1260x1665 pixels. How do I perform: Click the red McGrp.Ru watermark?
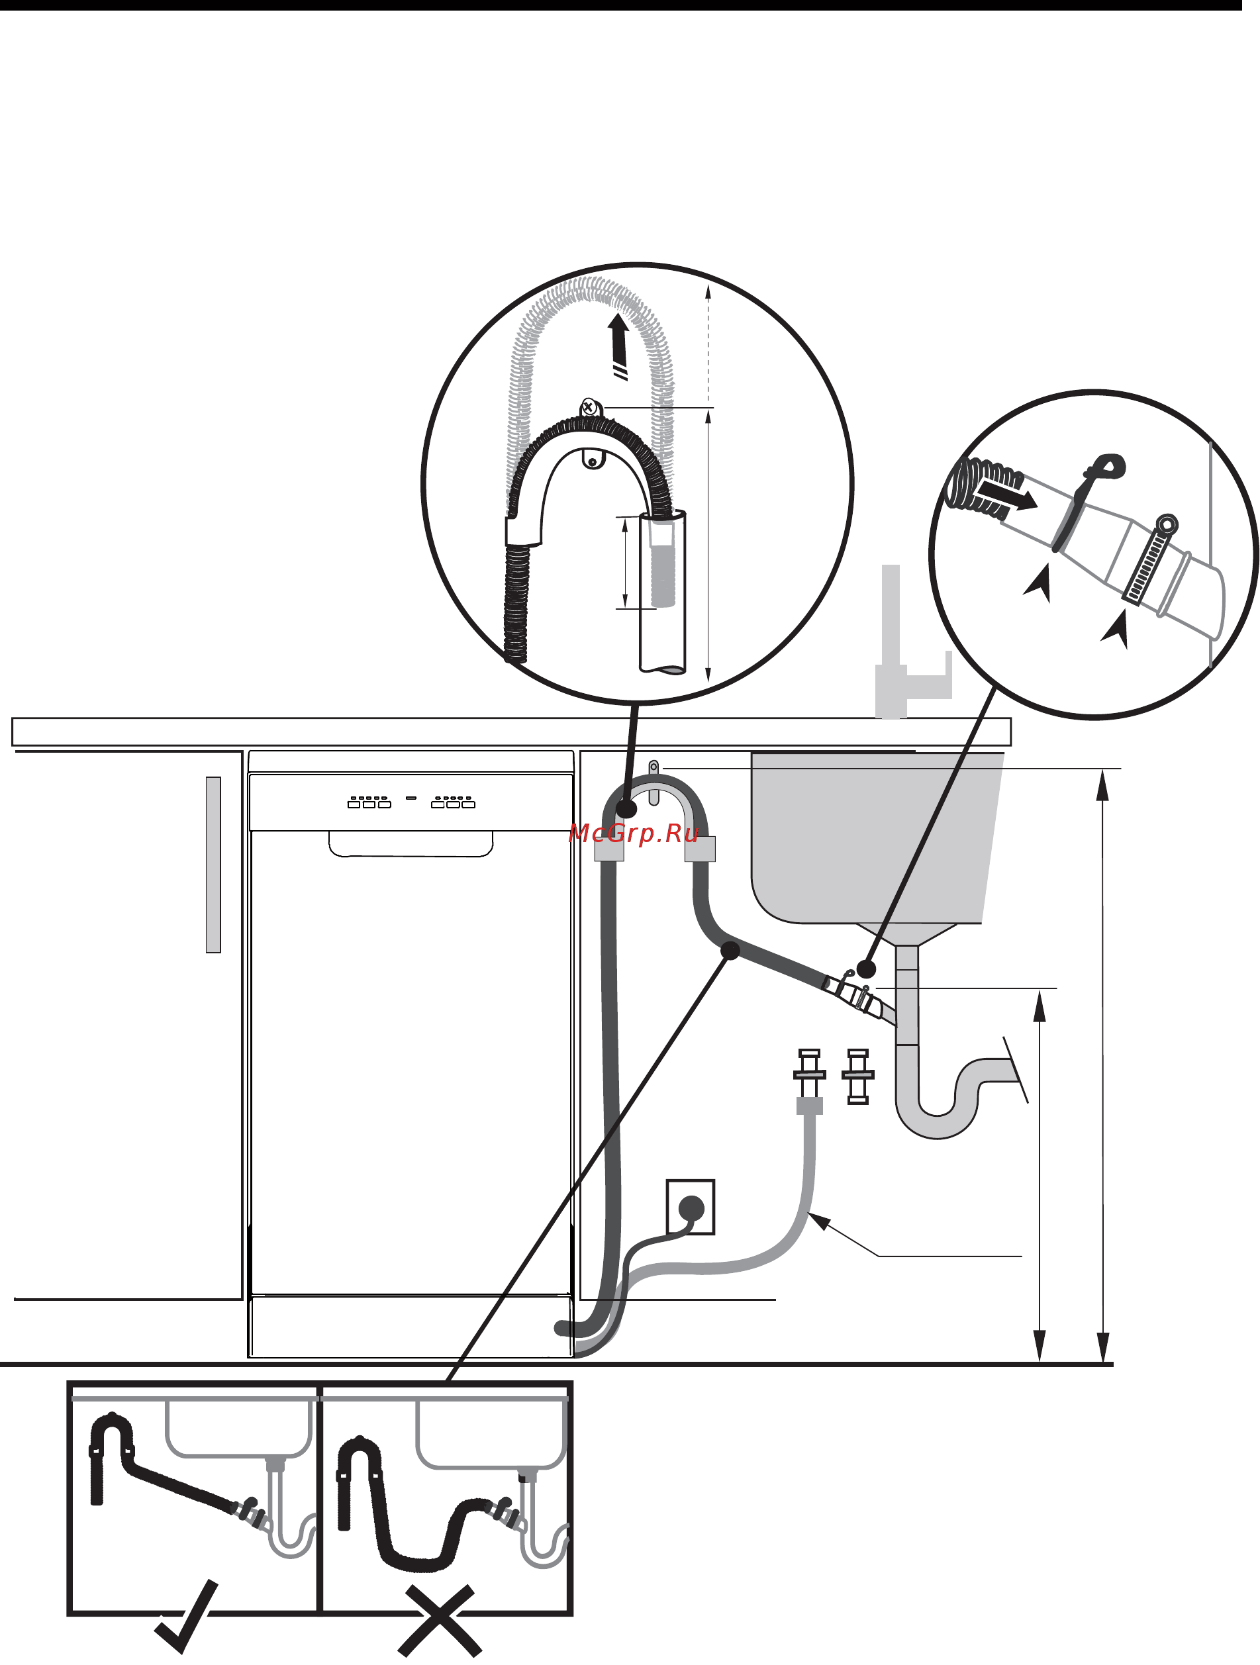(634, 833)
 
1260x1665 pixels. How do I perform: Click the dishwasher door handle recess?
(411, 844)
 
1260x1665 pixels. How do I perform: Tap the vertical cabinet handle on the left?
(213, 865)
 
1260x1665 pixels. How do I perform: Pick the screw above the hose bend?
(589, 408)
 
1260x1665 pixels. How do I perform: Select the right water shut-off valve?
(858, 1076)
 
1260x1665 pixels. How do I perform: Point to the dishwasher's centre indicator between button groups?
(411, 797)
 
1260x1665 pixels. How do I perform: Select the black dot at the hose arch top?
(626, 809)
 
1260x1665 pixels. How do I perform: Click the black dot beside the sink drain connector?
(866, 968)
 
